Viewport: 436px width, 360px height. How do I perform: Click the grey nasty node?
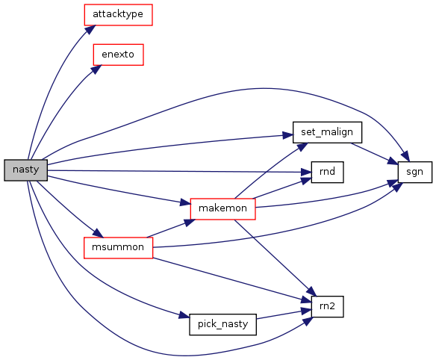coord(25,170)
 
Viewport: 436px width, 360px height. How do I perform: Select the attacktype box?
coord(118,15)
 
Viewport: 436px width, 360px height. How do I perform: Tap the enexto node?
coord(118,55)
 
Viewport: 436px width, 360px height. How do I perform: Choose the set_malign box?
coord(327,132)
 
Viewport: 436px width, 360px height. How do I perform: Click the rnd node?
coord(327,172)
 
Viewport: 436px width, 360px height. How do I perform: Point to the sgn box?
coord(415,172)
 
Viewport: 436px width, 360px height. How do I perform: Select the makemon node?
coord(222,208)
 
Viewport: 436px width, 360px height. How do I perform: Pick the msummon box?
coord(118,248)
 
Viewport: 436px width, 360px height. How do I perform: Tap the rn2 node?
coord(327,306)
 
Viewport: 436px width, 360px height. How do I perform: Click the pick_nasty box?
coord(222,324)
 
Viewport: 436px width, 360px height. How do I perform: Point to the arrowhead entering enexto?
coord(96,69)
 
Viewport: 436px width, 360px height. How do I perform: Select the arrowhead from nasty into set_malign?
coord(288,135)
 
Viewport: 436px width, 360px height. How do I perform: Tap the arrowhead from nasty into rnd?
coord(306,173)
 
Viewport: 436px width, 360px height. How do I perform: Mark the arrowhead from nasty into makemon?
coord(185,202)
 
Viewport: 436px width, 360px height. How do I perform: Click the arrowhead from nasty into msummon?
coord(98,233)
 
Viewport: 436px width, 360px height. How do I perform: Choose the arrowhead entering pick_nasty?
coord(184,316)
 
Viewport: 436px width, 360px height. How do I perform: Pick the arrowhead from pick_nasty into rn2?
coord(306,311)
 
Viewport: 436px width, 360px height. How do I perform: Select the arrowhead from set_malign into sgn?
coord(393,161)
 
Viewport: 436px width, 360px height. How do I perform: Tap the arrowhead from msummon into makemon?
coord(190,223)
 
